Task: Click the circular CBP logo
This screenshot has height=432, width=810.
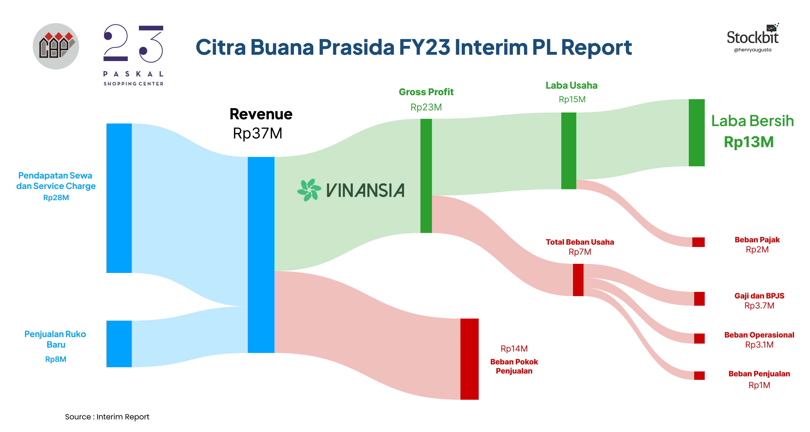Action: pos(56,46)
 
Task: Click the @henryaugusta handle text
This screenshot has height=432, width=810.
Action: pos(752,50)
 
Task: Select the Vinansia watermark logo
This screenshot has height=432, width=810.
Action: pos(351,190)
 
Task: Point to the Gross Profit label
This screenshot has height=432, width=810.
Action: pos(426,92)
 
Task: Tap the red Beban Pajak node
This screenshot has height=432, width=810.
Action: pos(698,242)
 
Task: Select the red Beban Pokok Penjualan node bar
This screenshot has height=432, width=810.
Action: pos(469,359)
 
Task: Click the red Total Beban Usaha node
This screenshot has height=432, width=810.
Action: pos(578,280)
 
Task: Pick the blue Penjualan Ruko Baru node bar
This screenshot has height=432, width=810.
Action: pos(119,344)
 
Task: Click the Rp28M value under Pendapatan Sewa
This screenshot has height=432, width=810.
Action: pos(56,198)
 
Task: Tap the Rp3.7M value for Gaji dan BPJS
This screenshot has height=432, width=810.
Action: pos(759,306)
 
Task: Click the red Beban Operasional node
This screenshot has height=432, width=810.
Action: pos(699,338)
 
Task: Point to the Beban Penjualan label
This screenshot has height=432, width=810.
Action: pos(759,374)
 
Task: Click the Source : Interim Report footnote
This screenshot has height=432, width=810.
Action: pos(107,417)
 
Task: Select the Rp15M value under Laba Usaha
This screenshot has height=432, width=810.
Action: pos(572,99)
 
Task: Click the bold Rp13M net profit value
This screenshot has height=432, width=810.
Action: pos(749,142)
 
